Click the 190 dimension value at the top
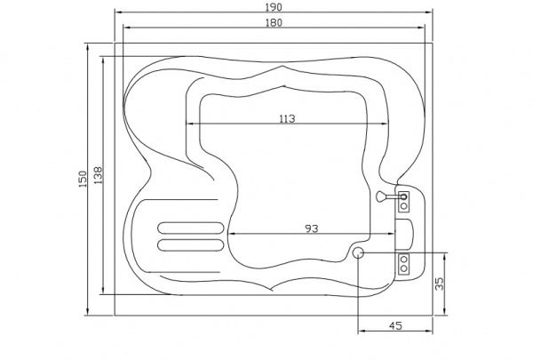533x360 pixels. [x=274, y=7]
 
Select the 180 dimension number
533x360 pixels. [x=274, y=22]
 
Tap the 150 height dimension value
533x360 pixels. [x=83, y=179]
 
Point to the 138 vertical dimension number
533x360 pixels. [x=98, y=175]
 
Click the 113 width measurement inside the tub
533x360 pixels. [x=287, y=119]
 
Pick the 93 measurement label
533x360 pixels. [x=312, y=228]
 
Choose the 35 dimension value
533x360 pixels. [x=440, y=284]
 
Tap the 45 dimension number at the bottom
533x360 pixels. [x=395, y=325]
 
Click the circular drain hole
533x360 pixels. [x=358, y=252]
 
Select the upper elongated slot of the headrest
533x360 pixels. [x=191, y=228]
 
